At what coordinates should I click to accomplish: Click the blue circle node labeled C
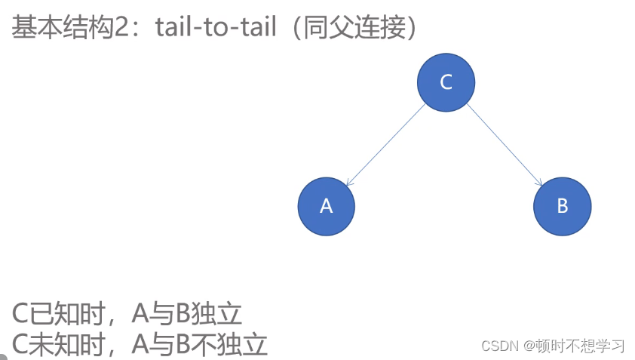pyautogui.click(x=446, y=82)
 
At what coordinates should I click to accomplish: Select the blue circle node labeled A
pyautogui.click(x=326, y=206)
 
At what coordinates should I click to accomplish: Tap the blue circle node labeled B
pyautogui.click(x=562, y=206)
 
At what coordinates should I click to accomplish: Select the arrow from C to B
pyautogui.click(x=504, y=144)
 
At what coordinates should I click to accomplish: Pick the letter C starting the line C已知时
pyautogui.click(x=20, y=314)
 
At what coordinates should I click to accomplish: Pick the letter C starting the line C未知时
pyautogui.click(x=20, y=344)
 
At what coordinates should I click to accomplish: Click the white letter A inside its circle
pyautogui.click(x=326, y=206)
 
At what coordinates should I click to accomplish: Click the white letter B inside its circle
pyautogui.click(x=562, y=206)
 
